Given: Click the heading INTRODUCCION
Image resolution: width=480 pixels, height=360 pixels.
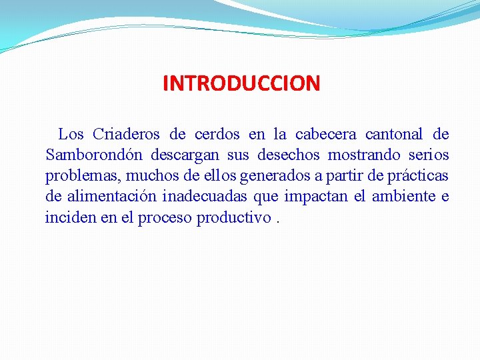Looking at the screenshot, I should tap(241, 83).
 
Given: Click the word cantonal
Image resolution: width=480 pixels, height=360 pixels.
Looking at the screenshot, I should tap(393, 135).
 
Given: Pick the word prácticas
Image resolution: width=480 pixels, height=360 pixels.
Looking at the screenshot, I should tap(417, 177).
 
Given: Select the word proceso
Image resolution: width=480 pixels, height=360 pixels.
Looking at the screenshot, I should tap(165, 219).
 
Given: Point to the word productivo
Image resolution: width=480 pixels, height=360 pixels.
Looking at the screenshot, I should tap(233, 218).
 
